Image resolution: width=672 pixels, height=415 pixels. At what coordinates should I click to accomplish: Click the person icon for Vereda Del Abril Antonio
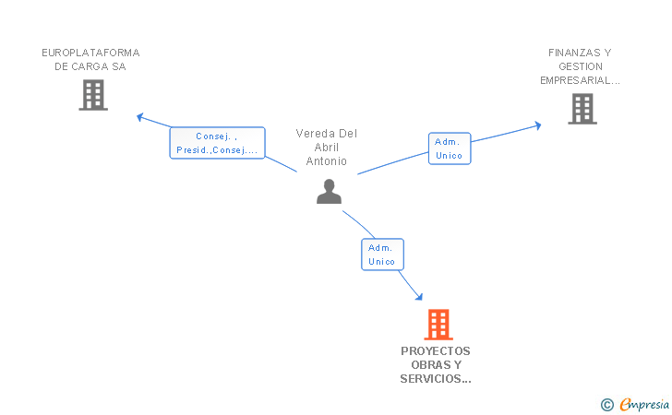[329, 192]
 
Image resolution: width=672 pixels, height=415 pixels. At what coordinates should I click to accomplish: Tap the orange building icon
[438, 325]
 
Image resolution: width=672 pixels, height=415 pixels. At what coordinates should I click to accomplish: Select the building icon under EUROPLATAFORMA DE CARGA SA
[93, 95]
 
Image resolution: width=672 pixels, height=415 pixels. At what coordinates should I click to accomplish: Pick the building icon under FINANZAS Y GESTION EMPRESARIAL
[582, 109]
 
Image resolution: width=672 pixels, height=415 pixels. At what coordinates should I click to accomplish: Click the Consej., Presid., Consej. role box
[217, 143]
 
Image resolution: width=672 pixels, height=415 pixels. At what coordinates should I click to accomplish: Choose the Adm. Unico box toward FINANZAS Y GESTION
[450, 148]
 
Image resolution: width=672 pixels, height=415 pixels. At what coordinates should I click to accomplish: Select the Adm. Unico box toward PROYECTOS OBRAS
[382, 255]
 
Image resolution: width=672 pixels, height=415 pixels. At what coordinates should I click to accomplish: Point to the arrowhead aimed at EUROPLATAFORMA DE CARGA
[139, 116]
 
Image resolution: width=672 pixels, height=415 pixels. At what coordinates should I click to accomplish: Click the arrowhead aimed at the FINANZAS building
[538, 125]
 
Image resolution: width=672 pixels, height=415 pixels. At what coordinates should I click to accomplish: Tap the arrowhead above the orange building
[419, 296]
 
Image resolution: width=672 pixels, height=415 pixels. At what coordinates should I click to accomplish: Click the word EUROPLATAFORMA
[90, 53]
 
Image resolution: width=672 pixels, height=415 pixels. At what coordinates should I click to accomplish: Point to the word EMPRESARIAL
[576, 80]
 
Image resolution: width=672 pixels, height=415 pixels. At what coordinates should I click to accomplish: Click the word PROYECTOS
[436, 351]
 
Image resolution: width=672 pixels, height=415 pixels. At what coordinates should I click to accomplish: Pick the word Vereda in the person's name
[310, 134]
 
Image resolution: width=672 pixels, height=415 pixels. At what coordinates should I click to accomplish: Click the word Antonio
[326, 161]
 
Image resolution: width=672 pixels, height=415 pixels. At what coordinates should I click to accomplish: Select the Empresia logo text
[644, 404]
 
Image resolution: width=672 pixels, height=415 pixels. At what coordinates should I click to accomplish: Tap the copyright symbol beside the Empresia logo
[607, 404]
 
